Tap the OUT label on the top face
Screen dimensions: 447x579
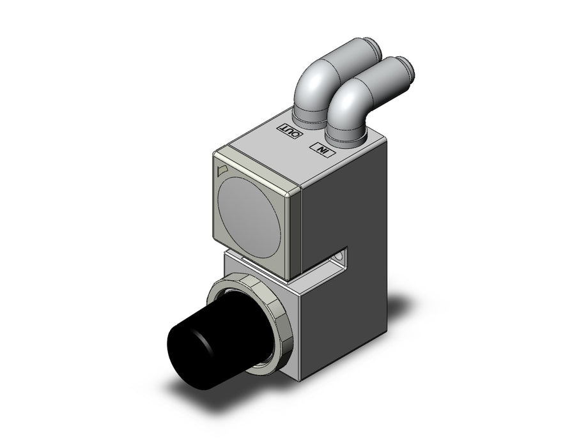[291, 132]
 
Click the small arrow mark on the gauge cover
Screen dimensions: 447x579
[222, 170]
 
